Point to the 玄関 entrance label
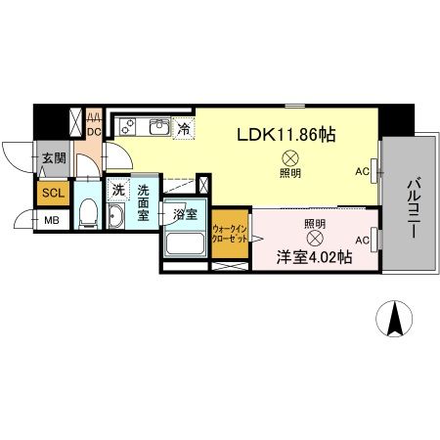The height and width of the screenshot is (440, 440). click(x=53, y=158)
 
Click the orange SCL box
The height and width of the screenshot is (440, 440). click(x=53, y=193)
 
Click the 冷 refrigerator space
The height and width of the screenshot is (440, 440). click(x=184, y=127)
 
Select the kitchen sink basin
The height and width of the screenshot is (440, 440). click(x=157, y=127)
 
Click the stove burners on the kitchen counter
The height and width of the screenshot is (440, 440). click(x=129, y=127)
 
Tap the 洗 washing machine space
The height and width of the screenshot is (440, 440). click(x=116, y=189)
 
